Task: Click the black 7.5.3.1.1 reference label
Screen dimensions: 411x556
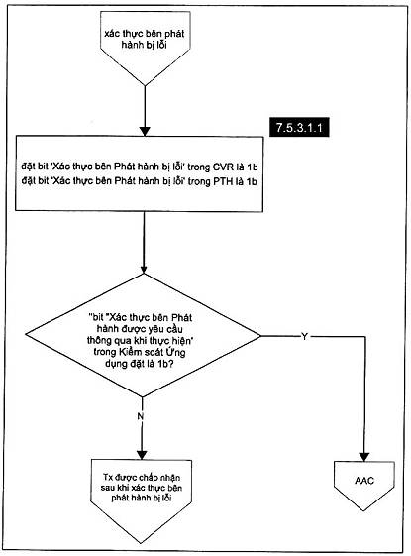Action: pos(299,127)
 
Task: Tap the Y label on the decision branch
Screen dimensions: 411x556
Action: pos(304,336)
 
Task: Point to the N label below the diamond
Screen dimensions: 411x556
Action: pos(141,416)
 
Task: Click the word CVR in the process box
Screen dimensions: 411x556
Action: pos(223,167)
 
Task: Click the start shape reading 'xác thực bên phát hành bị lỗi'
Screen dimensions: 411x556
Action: pos(146,49)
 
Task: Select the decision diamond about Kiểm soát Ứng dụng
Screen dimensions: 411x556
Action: pos(143,335)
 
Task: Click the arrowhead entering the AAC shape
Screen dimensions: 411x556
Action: pos(364,457)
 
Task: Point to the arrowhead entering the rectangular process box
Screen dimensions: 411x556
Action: pos(145,131)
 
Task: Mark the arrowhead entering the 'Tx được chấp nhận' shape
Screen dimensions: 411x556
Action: pos(142,455)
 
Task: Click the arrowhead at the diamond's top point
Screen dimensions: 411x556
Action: pos(144,270)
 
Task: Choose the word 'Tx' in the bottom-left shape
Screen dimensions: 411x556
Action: pos(107,477)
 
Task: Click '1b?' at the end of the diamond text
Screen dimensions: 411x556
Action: pos(165,364)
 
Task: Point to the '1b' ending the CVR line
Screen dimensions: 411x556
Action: pos(253,167)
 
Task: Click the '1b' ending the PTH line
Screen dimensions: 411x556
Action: pos(252,181)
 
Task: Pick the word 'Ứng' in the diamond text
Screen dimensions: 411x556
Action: pos(177,352)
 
